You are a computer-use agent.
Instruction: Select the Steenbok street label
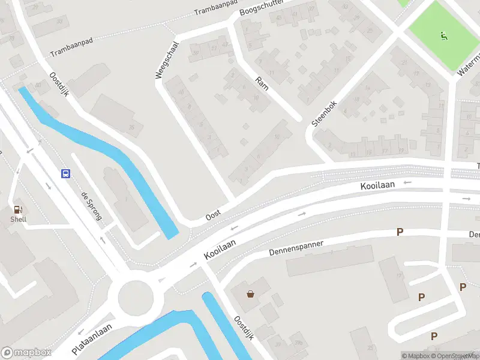pyautogui.click(x=324, y=113)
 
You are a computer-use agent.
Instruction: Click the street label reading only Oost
pyautogui.click(x=213, y=214)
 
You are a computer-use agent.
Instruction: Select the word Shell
pyautogui.click(x=19, y=219)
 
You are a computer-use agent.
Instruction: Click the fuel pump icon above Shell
pyautogui.click(x=19, y=209)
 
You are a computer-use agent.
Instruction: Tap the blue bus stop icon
pyautogui.click(x=65, y=174)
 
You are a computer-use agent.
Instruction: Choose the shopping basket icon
pyautogui.click(x=250, y=294)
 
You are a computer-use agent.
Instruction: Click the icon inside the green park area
pyautogui.click(x=444, y=36)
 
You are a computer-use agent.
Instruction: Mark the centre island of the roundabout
pyautogui.click(x=136, y=297)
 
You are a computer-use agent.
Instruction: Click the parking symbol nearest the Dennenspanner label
pyautogui.click(x=400, y=232)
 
